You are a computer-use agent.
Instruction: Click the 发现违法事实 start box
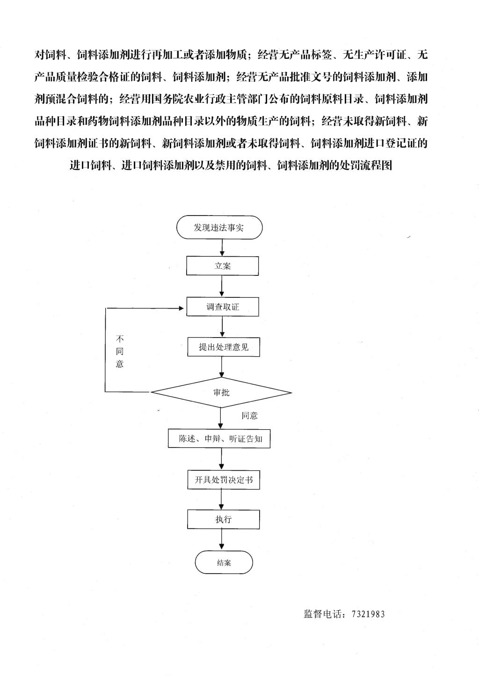click(219, 227)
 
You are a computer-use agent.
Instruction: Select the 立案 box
click(222, 266)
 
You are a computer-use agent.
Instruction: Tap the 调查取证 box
click(223, 307)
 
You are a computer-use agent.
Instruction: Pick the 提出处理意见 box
click(224, 346)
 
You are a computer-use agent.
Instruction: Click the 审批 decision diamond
click(221, 392)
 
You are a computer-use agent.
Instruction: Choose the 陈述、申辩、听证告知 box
click(219, 438)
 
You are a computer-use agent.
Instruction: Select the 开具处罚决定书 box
click(224, 479)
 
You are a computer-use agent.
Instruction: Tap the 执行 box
click(224, 519)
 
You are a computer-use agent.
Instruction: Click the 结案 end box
click(224, 562)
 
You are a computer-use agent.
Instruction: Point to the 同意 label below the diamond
click(249, 416)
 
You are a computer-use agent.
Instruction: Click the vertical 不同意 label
click(120, 351)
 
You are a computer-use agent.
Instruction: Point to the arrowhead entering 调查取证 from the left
click(181, 308)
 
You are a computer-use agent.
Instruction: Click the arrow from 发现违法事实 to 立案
click(222, 248)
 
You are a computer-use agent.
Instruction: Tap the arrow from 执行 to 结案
click(222, 540)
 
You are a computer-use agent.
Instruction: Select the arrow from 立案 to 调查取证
click(222, 286)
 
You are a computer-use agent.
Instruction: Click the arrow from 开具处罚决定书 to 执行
click(221, 499)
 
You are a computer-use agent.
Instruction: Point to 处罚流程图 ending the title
click(366, 165)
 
